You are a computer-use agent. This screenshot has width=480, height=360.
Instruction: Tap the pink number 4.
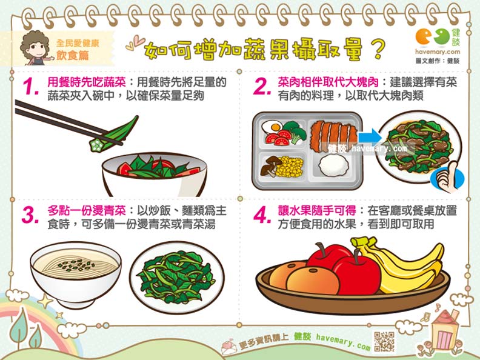262,215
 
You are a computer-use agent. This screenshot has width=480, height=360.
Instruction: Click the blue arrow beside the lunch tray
370,136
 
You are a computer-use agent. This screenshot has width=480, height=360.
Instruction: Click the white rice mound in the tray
333,165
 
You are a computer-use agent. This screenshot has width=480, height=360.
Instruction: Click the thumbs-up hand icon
447,178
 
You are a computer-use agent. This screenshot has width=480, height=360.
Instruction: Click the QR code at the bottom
384,341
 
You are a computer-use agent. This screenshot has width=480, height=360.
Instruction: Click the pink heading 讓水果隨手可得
317,211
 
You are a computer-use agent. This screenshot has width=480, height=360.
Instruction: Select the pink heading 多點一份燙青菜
86,211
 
